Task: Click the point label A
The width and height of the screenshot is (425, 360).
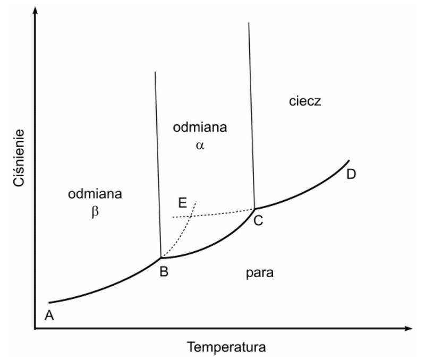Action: click(49, 315)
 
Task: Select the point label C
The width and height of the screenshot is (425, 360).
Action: click(258, 221)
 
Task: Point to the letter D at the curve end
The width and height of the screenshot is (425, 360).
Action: click(351, 174)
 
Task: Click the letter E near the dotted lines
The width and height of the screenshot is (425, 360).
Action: click(183, 202)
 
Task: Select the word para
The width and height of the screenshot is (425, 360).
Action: click(259, 273)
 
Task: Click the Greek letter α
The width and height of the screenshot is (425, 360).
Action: click(200, 144)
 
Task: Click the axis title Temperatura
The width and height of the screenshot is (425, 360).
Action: click(226, 347)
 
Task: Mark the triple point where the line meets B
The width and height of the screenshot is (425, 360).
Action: click(161, 258)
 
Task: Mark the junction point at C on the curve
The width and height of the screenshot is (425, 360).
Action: click(254, 209)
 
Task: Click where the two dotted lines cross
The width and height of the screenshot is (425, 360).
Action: click(190, 216)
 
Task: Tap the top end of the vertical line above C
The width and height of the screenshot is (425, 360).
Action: click(249, 23)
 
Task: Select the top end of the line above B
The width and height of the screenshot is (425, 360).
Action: click(155, 72)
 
